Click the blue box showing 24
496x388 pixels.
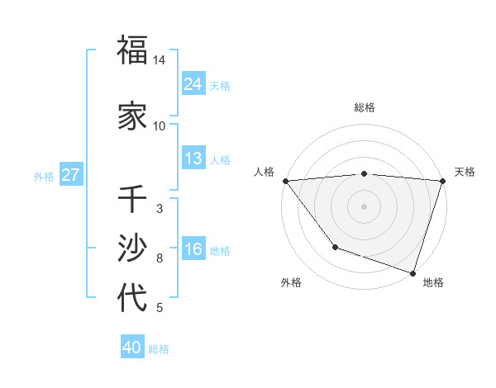click(x=193, y=83)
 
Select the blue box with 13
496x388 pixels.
click(x=193, y=159)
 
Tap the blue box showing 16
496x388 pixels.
click(x=193, y=249)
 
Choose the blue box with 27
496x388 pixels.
click(x=70, y=175)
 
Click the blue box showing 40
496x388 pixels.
click(x=132, y=348)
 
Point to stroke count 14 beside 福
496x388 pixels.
click(x=160, y=60)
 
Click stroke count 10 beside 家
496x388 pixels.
click(x=160, y=125)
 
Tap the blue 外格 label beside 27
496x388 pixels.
click(x=44, y=176)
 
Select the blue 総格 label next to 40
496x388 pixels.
click(x=159, y=349)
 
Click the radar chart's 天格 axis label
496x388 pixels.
click(x=465, y=172)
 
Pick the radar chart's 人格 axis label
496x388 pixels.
click(x=264, y=172)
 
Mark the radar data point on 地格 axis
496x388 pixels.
click(x=412, y=272)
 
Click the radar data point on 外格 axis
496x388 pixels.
click(x=335, y=246)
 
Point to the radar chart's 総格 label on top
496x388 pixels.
click(x=364, y=107)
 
